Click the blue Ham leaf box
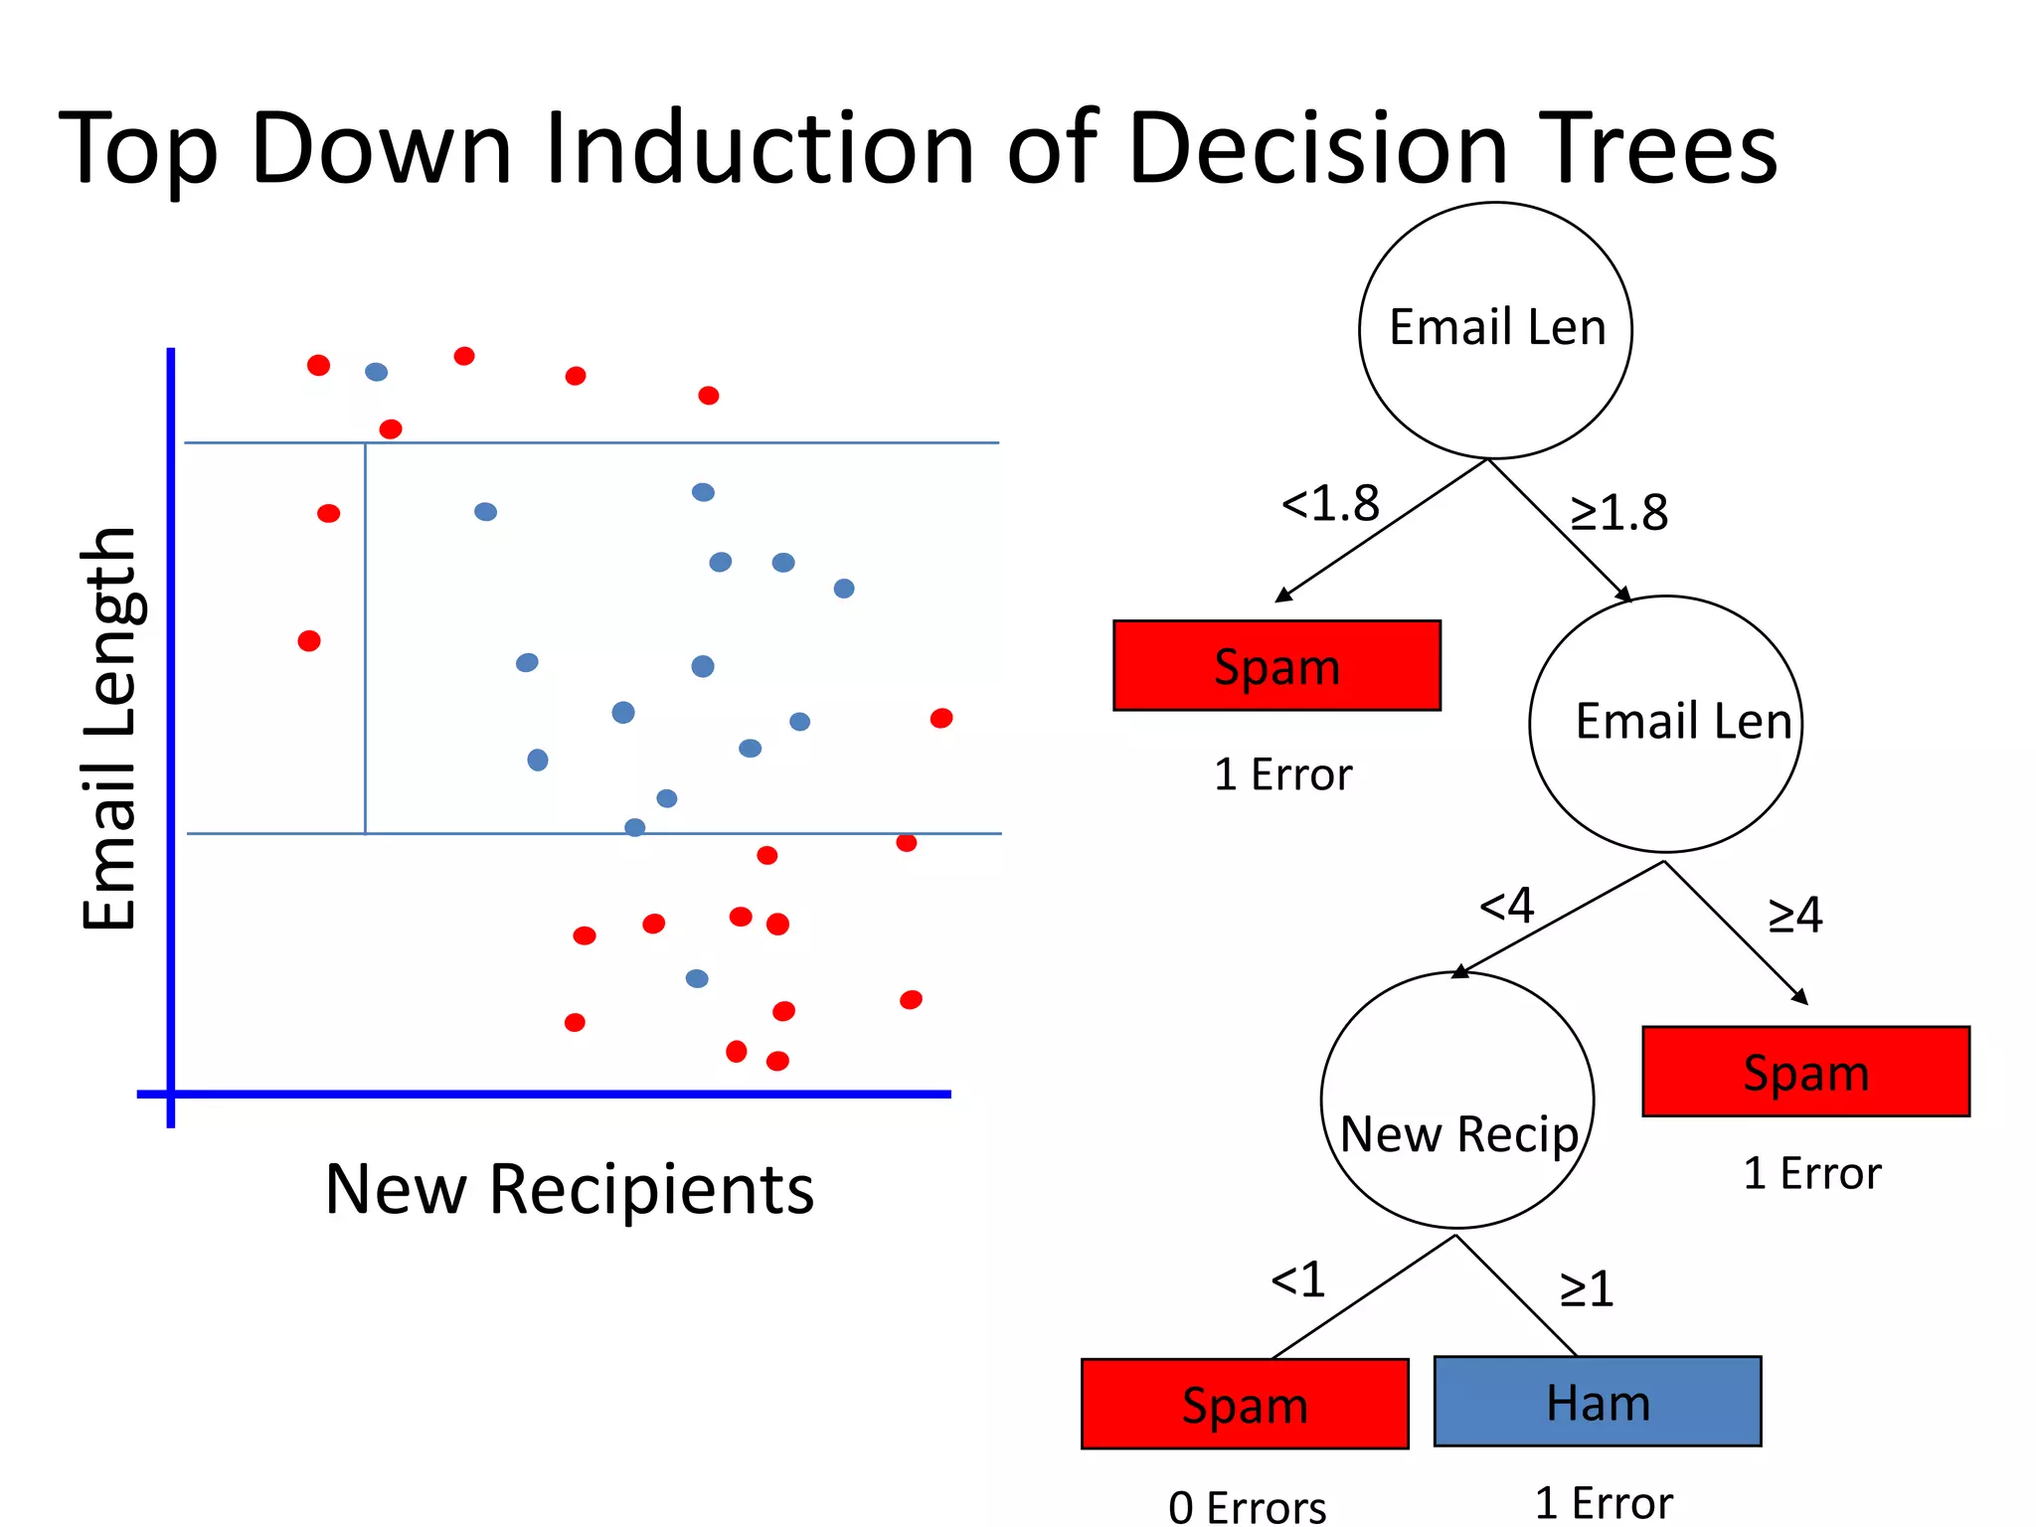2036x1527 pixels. (x=1597, y=1401)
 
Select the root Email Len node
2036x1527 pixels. (x=1495, y=330)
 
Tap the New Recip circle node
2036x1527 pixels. (x=1457, y=1101)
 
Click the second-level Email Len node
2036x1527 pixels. (x=1665, y=724)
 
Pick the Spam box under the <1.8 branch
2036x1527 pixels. (x=1276, y=665)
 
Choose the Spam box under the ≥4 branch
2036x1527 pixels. (x=1805, y=1072)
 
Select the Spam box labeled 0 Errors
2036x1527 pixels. (x=1245, y=1404)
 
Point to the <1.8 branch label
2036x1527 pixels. (x=1330, y=504)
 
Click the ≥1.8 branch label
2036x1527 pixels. (x=1618, y=513)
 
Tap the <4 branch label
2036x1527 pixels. (x=1506, y=906)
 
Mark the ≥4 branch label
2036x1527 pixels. (x=1794, y=915)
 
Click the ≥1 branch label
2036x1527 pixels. (x=1586, y=1289)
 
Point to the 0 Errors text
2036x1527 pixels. (x=1247, y=1506)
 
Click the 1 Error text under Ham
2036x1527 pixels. (x=1603, y=1502)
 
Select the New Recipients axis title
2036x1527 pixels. (x=570, y=1189)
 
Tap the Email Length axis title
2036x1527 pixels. (x=109, y=729)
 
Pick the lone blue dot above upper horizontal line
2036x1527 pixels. (x=376, y=372)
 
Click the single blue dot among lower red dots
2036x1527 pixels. (x=697, y=978)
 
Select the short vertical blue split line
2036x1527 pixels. (x=365, y=636)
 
